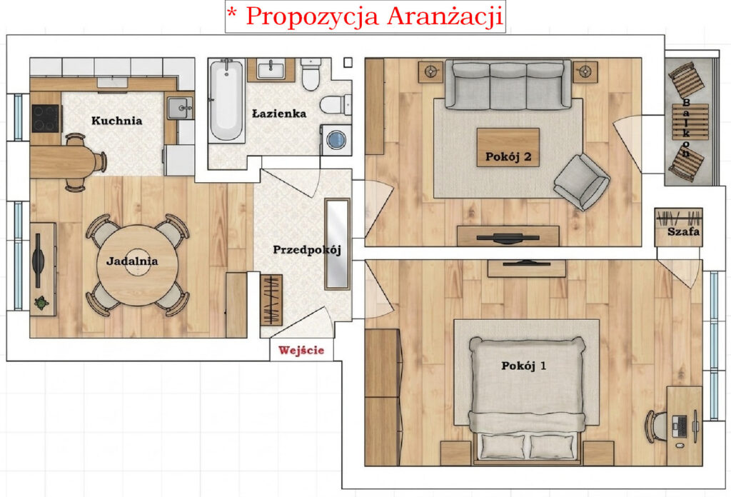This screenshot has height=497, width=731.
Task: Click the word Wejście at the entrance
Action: [x=301, y=350]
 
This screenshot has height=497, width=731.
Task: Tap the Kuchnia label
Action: [x=116, y=121]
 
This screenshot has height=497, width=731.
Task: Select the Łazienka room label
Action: [x=279, y=114]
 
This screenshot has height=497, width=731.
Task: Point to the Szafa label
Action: [x=683, y=231]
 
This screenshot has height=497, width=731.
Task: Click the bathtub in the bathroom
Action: [x=226, y=100]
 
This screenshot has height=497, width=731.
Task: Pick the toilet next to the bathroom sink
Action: [x=310, y=74]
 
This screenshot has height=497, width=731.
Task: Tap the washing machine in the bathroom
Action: [x=336, y=140]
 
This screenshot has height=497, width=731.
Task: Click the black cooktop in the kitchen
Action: [x=45, y=119]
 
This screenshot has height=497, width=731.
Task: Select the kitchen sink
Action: [x=179, y=109]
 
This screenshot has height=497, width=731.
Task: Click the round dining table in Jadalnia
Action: [x=137, y=266]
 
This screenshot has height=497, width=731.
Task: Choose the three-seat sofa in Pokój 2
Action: [x=508, y=84]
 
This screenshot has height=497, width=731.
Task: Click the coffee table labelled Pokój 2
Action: [x=508, y=147]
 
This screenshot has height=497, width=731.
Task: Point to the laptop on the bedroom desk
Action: [x=679, y=426]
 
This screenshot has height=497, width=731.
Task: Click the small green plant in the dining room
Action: [x=42, y=303]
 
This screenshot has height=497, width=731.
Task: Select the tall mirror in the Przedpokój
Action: [x=337, y=244]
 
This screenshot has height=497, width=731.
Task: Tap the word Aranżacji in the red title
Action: [x=445, y=17]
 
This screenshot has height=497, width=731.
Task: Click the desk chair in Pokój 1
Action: [x=655, y=426]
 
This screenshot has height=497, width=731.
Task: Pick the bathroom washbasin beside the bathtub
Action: [x=271, y=70]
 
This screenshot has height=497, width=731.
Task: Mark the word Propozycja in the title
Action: [x=312, y=17]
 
